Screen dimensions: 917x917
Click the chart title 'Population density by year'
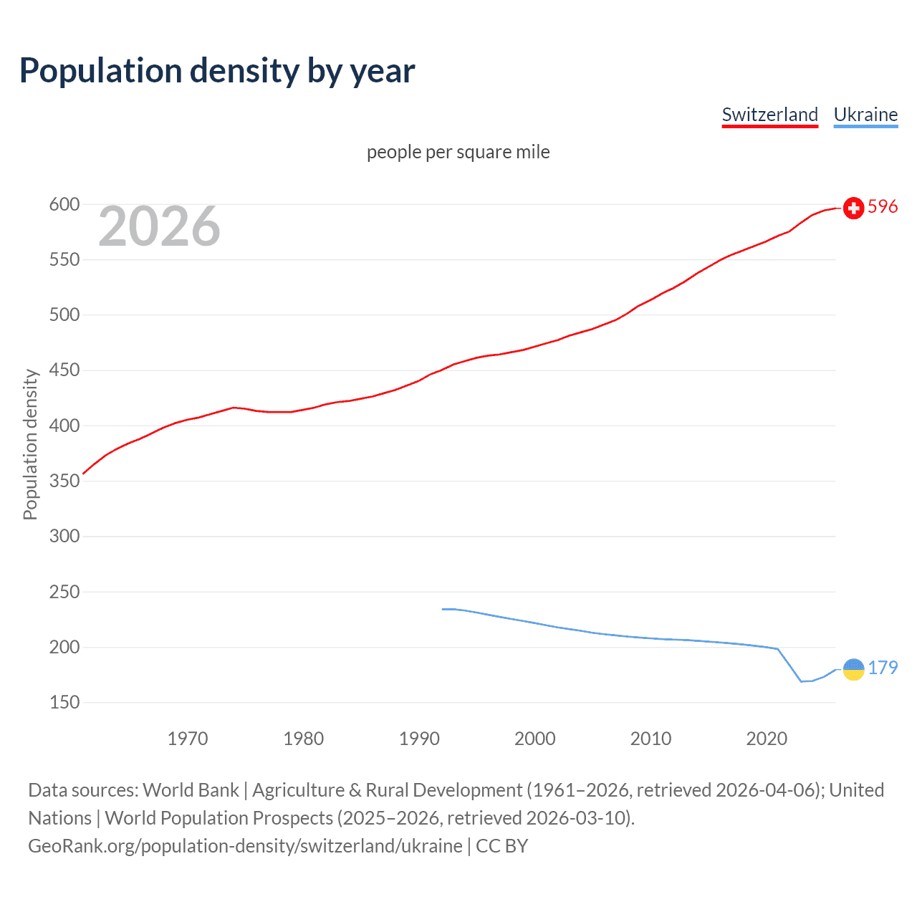[217, 71]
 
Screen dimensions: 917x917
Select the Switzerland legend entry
[769, 115]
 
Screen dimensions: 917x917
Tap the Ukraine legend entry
[865, 115]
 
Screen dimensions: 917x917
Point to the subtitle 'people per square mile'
[458, 152]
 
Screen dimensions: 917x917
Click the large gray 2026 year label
[159, 226]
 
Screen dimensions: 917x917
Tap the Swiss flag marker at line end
[853, 208]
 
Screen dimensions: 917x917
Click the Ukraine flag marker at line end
[853, 669]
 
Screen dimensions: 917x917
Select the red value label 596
[883, 207]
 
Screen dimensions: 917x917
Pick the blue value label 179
[883, 668]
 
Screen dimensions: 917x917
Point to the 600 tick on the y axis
[64, 204]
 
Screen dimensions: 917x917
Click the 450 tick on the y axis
[64, 370]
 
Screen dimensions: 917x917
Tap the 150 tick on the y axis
[64, 702]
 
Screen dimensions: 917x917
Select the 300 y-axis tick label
[64, 536]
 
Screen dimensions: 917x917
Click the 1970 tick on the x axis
[188, 739]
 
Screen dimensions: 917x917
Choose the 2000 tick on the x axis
[534, 739]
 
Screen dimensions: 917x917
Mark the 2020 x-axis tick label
[767, 739]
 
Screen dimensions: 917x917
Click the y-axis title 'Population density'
[30, 444]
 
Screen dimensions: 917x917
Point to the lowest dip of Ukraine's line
[802, 681]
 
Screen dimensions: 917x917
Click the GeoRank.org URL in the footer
[245, 846]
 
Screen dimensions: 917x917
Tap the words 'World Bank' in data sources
[191, 790]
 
